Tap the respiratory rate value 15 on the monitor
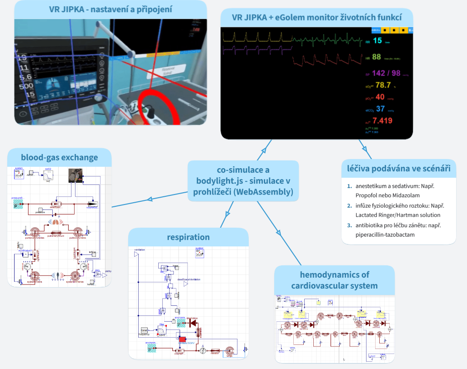[x=377, y=41]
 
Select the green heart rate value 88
[x=377, y=57]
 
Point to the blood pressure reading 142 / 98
[x=386, y=73]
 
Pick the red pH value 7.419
[x=382, y=121]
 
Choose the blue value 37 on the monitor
[x=381, y=109]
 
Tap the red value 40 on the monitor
[x=380, y=97]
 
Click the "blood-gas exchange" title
[x=59, y=158]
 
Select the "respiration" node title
[x=188, y=237]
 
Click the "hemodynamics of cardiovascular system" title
[x=334, y=280]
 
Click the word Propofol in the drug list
[x=368, y=194]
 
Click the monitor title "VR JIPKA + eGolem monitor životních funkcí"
[x=316, y=17]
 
